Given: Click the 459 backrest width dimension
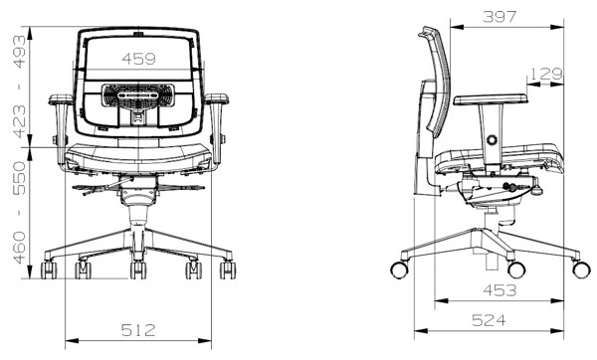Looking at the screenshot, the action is [138, 59].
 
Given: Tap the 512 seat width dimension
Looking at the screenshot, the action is [138, 330].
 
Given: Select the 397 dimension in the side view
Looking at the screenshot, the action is [499, 17].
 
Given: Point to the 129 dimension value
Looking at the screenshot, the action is [546, 74].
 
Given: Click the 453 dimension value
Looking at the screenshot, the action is [499, 290].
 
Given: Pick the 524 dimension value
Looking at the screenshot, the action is [489, 320].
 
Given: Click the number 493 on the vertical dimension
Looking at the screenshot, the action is [20, 52].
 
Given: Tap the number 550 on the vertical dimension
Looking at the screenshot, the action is [20, 178].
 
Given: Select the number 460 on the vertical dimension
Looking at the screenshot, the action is [20, 248].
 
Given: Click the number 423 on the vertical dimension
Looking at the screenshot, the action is [20, 121].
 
